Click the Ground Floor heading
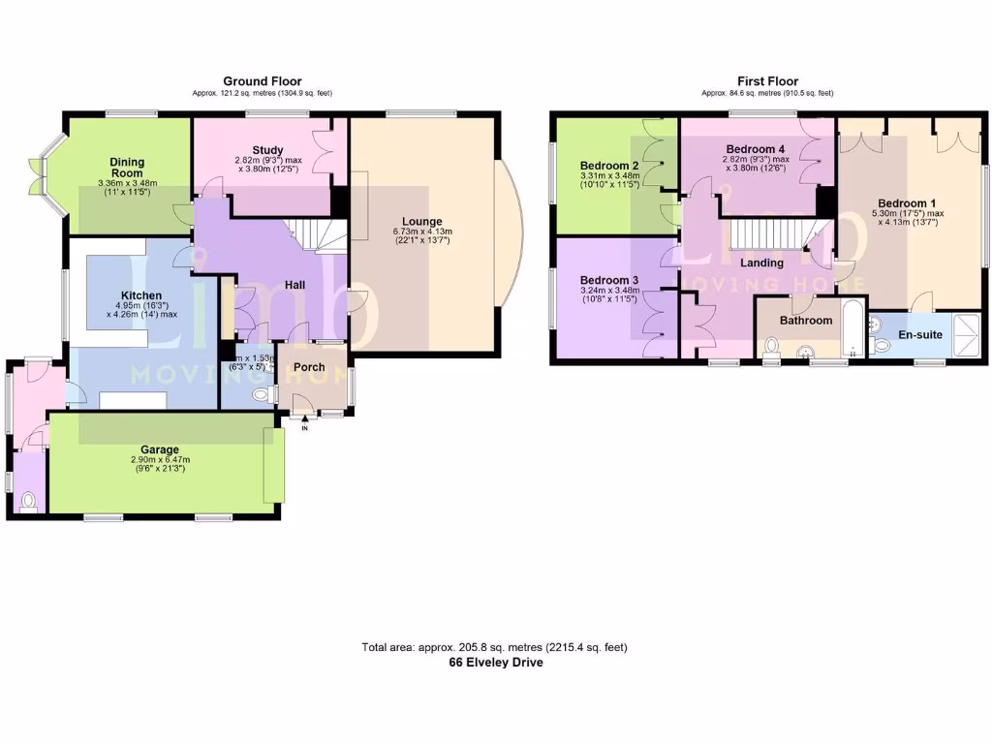(x=262, y=81)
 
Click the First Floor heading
(x=766, y=81)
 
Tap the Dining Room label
(x=128, y=167)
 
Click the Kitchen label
(x=141, y=295)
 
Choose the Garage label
(x=160, y=449)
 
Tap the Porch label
(x=309, y=367)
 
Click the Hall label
(x=296, y=285)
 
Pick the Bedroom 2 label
(x=608, y=165)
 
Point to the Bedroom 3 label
(x=608, y=278)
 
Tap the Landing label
(x=761, y=263)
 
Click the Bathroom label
(x=806, y=321)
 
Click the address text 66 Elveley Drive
(x=495, y=663)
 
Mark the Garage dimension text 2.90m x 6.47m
(x=160, y=460)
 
